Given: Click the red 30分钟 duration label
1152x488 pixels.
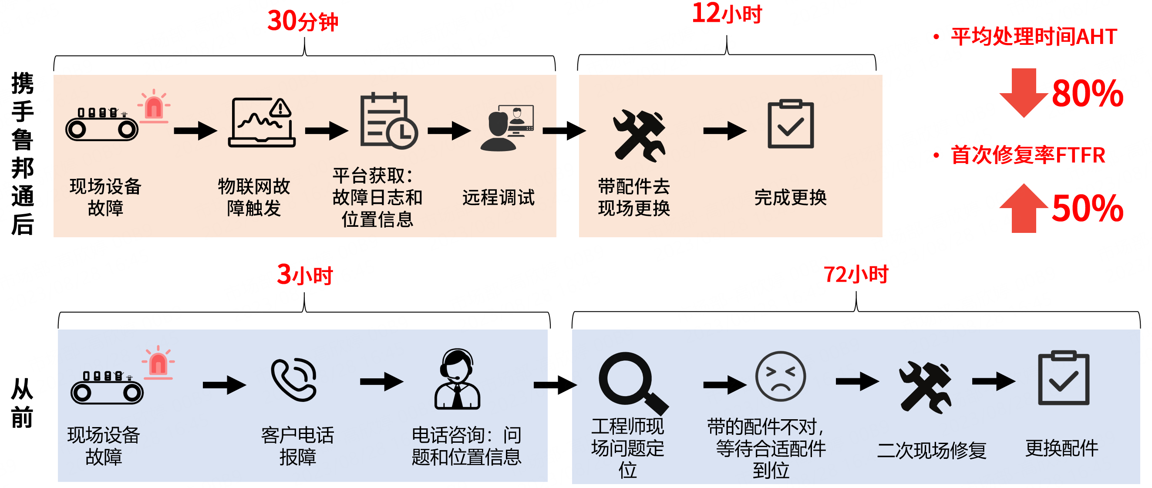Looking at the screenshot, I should [x=303, y=21].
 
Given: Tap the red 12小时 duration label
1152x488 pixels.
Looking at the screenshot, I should [x=726, y=14].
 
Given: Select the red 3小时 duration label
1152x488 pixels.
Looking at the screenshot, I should [x=305, y=275].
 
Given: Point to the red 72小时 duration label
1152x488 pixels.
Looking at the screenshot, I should [x=856, y=274].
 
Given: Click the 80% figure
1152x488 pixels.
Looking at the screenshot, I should [x=1087, y=94].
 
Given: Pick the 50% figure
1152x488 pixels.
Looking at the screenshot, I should [x=1087, y=209].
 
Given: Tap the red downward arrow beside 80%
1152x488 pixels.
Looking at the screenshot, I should [x=1023, y=92].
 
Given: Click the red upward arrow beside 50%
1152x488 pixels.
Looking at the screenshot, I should [x=1023, y=209].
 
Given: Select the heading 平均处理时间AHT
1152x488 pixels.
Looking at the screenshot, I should [x=1034, y=37].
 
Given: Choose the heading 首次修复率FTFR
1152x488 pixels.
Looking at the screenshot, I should [x=1027, y=155].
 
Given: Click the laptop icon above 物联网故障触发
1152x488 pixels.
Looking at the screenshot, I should [x=262, y=123].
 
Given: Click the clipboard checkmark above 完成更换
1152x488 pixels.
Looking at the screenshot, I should [x=790, y=125].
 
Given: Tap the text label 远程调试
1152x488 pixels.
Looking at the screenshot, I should [x=498, y=197].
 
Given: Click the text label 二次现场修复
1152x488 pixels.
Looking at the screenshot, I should [x=932, y=450].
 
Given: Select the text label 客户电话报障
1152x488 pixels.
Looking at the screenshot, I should [x=297, y=446].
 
